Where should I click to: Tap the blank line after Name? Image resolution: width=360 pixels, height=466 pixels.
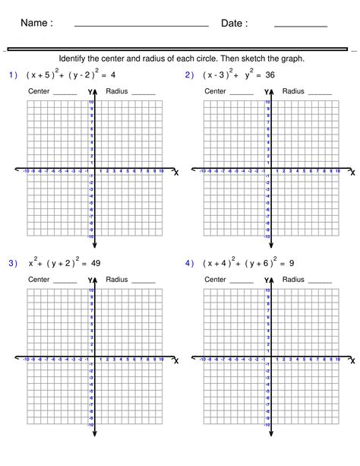coord(141,27)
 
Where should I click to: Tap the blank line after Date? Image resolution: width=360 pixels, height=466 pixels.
coord(300,27)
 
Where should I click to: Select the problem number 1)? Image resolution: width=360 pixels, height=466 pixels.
coord(13,75)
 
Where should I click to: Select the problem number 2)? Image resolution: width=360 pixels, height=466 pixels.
coord(189,75)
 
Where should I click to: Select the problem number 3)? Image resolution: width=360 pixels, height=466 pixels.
coord(13,263)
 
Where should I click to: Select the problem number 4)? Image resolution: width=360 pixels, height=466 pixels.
coord(189,263)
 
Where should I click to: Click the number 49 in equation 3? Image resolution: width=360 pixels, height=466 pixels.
coord(94,263)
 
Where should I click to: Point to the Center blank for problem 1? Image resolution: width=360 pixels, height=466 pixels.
coord(65,94)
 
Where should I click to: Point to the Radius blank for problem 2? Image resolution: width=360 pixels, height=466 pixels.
coord(319,94)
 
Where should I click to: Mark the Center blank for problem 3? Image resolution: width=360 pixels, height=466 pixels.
coord(65,282)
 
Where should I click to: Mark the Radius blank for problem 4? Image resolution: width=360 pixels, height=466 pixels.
coord(319,282)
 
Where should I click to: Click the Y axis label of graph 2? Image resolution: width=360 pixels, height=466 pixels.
coord(267,93)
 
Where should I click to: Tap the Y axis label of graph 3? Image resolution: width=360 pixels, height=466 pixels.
coord(90,281)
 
